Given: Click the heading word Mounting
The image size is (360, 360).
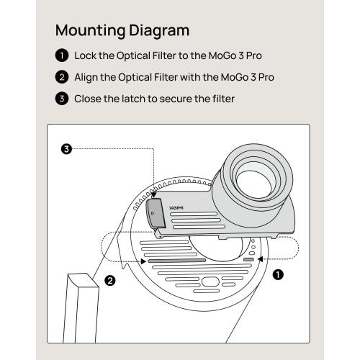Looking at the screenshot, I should [x=89, y=31].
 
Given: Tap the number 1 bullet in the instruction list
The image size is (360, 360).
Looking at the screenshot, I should [x=62, y=55].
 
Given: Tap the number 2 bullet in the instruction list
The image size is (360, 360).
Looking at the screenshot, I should [x=62, y=77].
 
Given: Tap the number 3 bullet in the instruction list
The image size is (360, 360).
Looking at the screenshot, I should [x=62, y=99].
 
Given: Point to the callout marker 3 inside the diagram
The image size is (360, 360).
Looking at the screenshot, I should [x=66, y=150].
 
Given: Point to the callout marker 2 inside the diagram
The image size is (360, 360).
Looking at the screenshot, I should [x=109, y=280].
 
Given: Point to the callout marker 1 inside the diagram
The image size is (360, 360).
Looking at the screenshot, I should [x=278, y=274].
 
